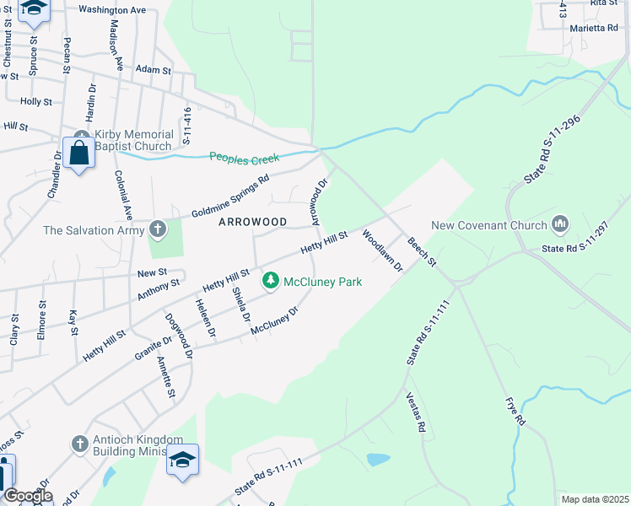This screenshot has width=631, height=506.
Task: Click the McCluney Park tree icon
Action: (271, 282)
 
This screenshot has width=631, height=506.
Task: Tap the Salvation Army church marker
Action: (158, 229)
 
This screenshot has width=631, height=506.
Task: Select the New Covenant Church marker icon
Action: (559, 225)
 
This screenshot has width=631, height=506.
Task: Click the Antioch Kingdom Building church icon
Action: (79, 444)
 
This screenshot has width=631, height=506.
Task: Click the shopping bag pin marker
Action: (79, 154)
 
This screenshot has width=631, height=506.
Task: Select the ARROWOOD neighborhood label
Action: (253, 222)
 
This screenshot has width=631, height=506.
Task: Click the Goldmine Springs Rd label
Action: (229, 195)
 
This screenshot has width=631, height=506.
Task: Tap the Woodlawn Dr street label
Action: (383, 250)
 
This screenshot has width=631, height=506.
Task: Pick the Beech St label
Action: (421, 252)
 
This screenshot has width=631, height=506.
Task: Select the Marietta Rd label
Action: (593, 28)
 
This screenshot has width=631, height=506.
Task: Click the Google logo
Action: (27, 496)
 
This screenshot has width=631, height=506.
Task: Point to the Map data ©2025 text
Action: (594, 499)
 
